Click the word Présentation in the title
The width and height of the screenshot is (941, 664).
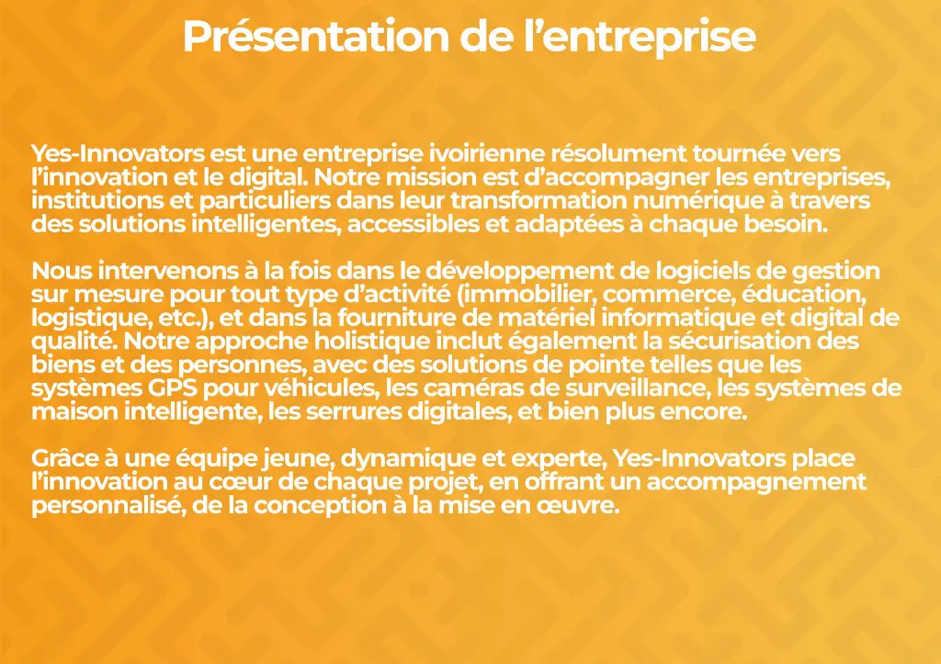316,37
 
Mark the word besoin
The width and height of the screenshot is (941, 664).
787,224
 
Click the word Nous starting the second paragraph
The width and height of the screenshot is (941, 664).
62,271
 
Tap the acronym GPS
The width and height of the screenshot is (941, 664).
173,388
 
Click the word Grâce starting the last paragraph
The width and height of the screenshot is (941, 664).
64,458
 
